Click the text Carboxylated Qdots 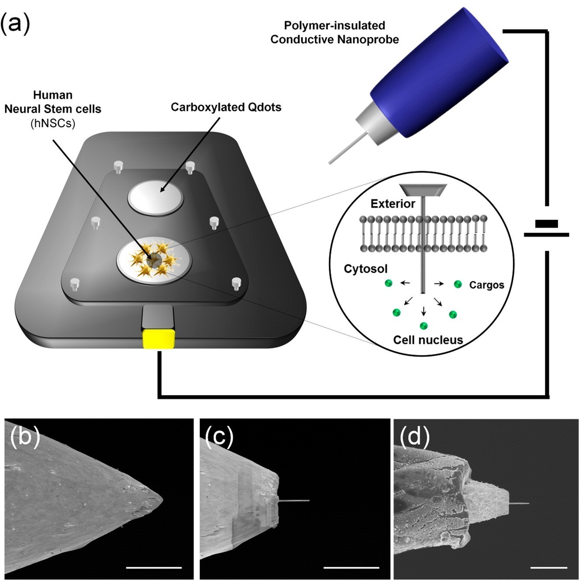[x=226, y=108]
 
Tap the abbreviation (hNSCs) [x=53, y=124]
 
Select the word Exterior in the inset [x=393, y=204]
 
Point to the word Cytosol [x=365, y=269]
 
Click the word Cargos [x=486, y=285]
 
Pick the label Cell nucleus [x=428, y=340]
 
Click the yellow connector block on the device [x=159, y=339]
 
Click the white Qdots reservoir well [x=156, y=198]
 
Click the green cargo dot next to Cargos [x=458, y=284]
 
